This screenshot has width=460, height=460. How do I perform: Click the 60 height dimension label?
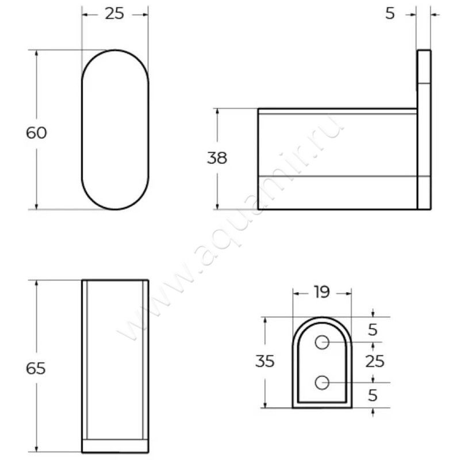click(36, 133)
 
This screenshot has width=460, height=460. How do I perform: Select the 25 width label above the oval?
click(114, 14)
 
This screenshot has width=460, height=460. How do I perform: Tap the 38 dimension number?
click(217, 158)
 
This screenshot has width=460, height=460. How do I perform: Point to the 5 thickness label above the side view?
click(390, 14)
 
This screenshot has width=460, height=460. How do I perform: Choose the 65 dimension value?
click(36, 369)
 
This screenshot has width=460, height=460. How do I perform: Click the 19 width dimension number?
click(321, 292)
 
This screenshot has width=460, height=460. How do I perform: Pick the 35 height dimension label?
click(265, 362)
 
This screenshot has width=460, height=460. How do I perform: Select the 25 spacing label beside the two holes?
click(374, 362)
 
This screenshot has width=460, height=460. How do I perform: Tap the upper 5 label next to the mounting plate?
click(373, 329)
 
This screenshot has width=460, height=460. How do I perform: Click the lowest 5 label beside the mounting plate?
click(373, 396)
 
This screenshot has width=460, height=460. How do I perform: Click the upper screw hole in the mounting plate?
click(322, 343)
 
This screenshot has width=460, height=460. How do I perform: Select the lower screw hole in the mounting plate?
click(322, 382)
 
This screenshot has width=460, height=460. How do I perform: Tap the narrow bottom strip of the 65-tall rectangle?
click(115, 446)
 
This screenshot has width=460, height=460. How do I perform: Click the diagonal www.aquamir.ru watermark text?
click(230, 230)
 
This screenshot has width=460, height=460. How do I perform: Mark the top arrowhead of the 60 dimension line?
click(36, 53)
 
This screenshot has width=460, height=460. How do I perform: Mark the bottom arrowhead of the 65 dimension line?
click(36, 448)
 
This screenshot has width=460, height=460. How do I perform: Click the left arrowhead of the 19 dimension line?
click(296, 293)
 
